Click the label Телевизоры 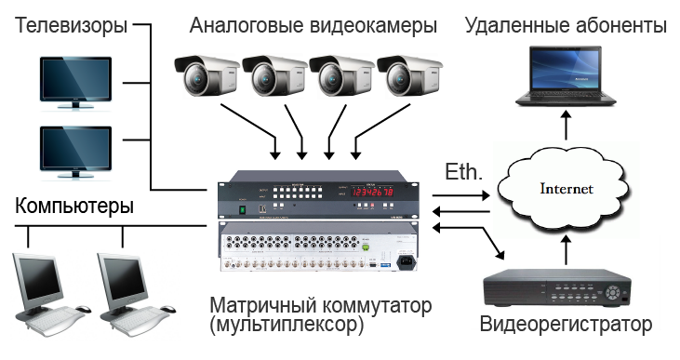tap(71, 25)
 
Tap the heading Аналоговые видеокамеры tap(313, 25)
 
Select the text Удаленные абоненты tap(566, 25)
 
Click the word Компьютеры tap(74, 206)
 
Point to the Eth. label tap(463, 172)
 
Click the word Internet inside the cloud tap(567, 189)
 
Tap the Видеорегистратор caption tap(566, 324)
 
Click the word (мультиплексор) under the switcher tap(287, 325)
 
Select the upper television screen tap(76, 79)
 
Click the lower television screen tap(76, 149)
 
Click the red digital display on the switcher tap(372, 192)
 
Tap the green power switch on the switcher tap(243, 210)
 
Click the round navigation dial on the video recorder tap(612, 292)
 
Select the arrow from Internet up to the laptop tap(567, 125)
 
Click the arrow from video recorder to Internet tap(567, 250)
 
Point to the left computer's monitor tap(38, 281)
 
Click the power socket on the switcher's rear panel tap(405, 262)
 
